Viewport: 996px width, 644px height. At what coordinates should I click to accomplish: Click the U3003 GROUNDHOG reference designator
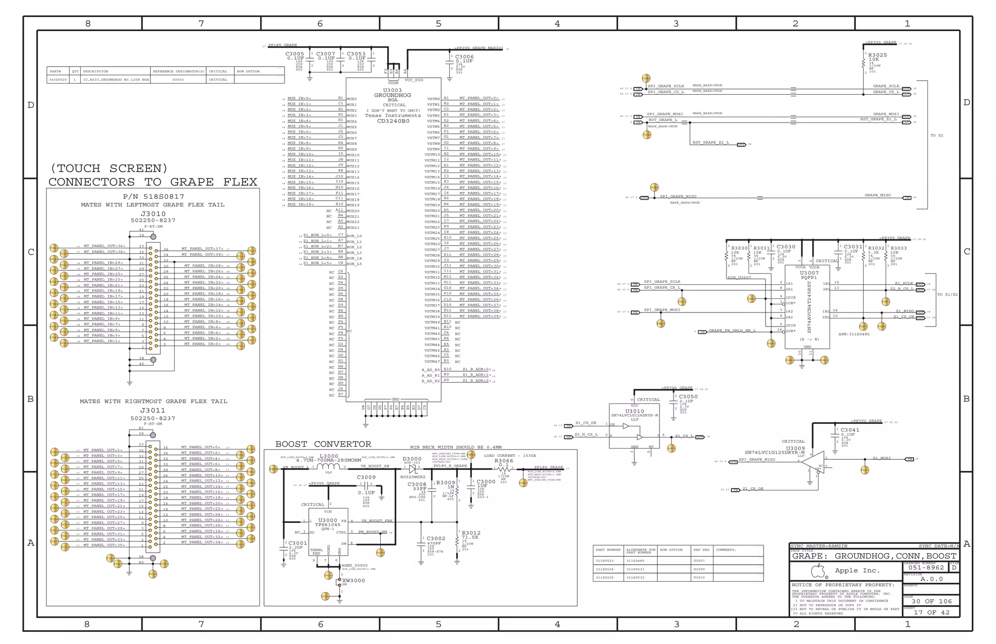392,90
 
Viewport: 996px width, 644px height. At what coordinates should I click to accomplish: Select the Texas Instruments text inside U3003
393,116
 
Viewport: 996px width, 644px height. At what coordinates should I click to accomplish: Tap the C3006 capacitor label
464,57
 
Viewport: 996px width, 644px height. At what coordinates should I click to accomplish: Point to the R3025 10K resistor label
877,55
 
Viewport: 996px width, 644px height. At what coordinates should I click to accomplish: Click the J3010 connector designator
153,214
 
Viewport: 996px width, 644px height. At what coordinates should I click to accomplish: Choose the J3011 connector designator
153,411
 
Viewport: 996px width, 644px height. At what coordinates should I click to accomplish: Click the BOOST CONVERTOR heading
323,444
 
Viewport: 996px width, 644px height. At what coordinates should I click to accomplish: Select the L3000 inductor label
329,456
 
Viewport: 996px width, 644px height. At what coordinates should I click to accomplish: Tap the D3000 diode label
412,459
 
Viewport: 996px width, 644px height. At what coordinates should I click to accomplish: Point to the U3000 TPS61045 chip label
328,521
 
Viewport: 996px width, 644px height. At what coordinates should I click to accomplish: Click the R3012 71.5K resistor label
471,533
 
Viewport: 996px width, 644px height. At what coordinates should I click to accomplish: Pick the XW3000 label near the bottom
354,580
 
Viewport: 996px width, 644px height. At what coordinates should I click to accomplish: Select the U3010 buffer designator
634,411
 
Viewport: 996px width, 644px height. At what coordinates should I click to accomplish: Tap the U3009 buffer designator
795,448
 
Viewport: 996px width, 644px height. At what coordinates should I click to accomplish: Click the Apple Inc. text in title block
857,571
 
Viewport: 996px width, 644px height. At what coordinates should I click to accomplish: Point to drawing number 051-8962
926,568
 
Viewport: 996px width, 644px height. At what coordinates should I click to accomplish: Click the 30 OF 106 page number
931,601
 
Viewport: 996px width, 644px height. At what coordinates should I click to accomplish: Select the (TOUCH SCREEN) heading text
109,169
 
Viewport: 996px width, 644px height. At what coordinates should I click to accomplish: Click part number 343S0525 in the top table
58,80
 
